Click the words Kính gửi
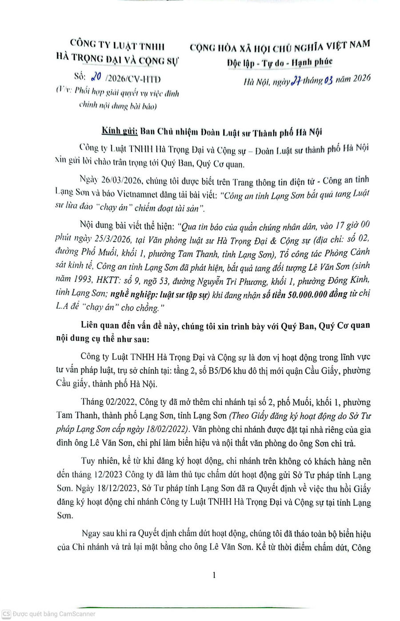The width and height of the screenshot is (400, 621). point(118,132)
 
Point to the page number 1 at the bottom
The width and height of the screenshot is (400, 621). point(214,575)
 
